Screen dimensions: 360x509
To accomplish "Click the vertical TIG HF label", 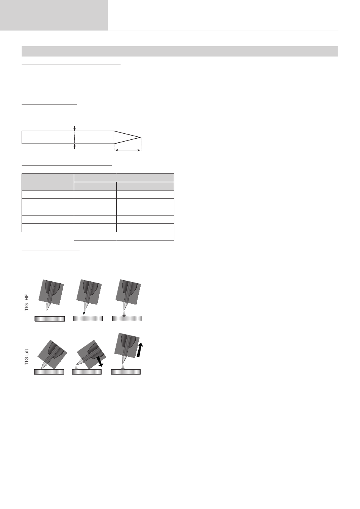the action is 27,303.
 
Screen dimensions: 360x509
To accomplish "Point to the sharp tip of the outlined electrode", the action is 141,137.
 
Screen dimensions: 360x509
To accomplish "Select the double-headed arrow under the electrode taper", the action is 128,150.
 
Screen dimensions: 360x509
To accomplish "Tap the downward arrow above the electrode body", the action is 74,128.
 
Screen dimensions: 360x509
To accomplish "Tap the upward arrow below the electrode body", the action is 74,146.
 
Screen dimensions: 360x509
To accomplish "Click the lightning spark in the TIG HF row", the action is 84,313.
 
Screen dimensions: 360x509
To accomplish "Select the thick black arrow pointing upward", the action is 139,350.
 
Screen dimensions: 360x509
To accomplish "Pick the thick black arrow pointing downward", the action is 100,362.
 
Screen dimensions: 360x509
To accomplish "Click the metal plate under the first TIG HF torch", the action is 50,319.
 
